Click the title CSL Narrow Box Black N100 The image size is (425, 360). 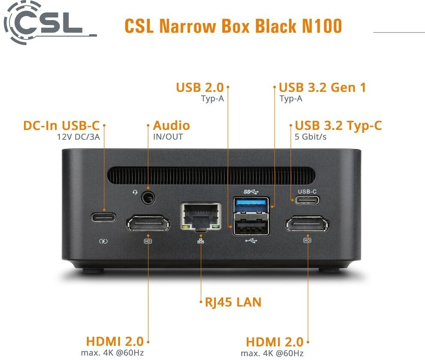click(x=233, y=26)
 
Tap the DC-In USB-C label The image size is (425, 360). click(x=61, y=126)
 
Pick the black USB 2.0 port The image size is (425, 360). click(x=251, y=227)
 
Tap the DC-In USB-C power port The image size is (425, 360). click(x=104, y=217)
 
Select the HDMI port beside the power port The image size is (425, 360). click(x=148, y=223)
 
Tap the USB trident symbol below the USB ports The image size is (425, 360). click(x=251, y=240)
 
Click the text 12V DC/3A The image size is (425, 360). click(x=78, y=138)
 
